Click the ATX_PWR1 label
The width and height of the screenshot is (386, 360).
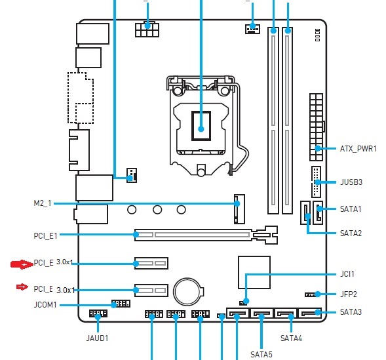tap(358, 149)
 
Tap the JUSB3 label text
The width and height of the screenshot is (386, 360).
tap(351, 182)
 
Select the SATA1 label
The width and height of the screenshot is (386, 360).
tap(351, 209)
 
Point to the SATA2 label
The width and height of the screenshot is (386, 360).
tap(351, 233)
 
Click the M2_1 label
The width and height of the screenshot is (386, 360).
tap(43, 203)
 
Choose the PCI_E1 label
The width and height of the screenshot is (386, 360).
tap(45, 236)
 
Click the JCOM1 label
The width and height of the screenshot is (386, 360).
tap(45, 305)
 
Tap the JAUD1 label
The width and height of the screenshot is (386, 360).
tap(97, 338)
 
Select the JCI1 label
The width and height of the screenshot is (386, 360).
tap(347, 274)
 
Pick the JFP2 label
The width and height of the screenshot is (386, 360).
tap(349, 294)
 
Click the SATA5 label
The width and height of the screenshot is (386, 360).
tap(261, 354)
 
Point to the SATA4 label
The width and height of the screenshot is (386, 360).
tap(291, 338)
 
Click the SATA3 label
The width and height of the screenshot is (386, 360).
tap(351, 312)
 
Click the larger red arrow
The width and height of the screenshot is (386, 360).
tap(22, 264)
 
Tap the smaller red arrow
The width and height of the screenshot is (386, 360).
tap(22, 287)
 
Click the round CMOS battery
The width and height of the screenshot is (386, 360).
tap(188, 292)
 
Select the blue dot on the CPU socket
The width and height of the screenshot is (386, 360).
tap(201, 129)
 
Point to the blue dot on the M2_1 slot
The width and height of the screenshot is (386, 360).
tap(237, 203)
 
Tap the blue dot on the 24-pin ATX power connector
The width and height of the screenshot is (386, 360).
tap(318, 148)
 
